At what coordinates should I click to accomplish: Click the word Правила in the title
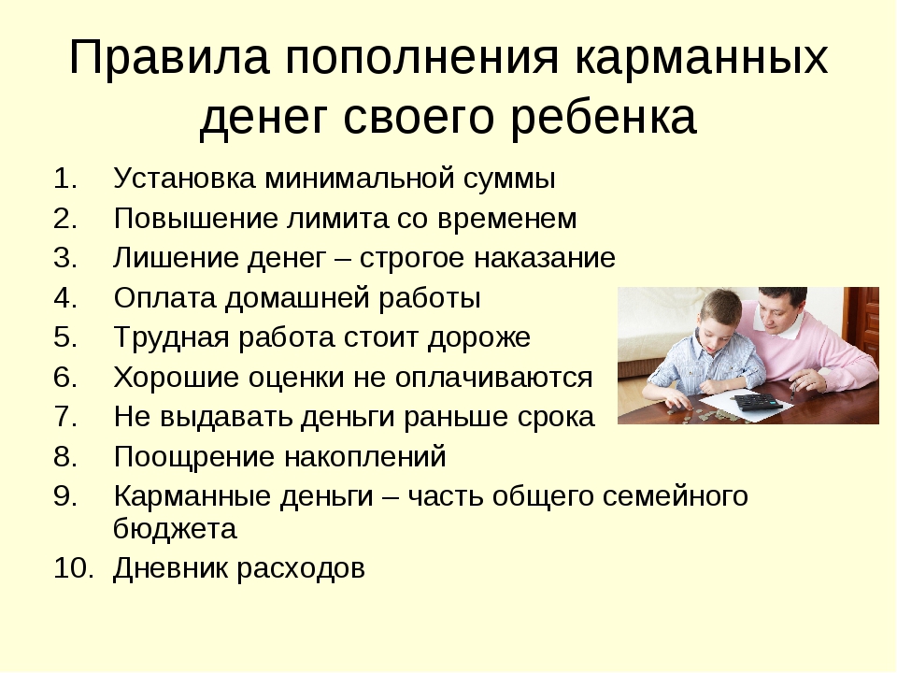tap(169, 58)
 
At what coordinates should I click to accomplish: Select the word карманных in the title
tap(702, 58)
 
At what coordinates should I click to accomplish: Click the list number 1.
tap(65, 179)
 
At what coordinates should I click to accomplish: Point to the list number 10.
tap(73, 568)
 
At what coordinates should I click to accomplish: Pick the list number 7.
tap(65, 417)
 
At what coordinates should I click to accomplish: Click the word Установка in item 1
tap(184, 179)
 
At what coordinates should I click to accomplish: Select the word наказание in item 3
tap(544, 259)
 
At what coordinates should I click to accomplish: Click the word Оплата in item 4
tap(164, 298)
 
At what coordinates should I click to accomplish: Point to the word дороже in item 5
tap(479, 337)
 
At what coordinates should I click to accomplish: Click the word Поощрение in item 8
tap(194, 457)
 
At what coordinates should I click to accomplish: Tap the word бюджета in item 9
tap(175, 528)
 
